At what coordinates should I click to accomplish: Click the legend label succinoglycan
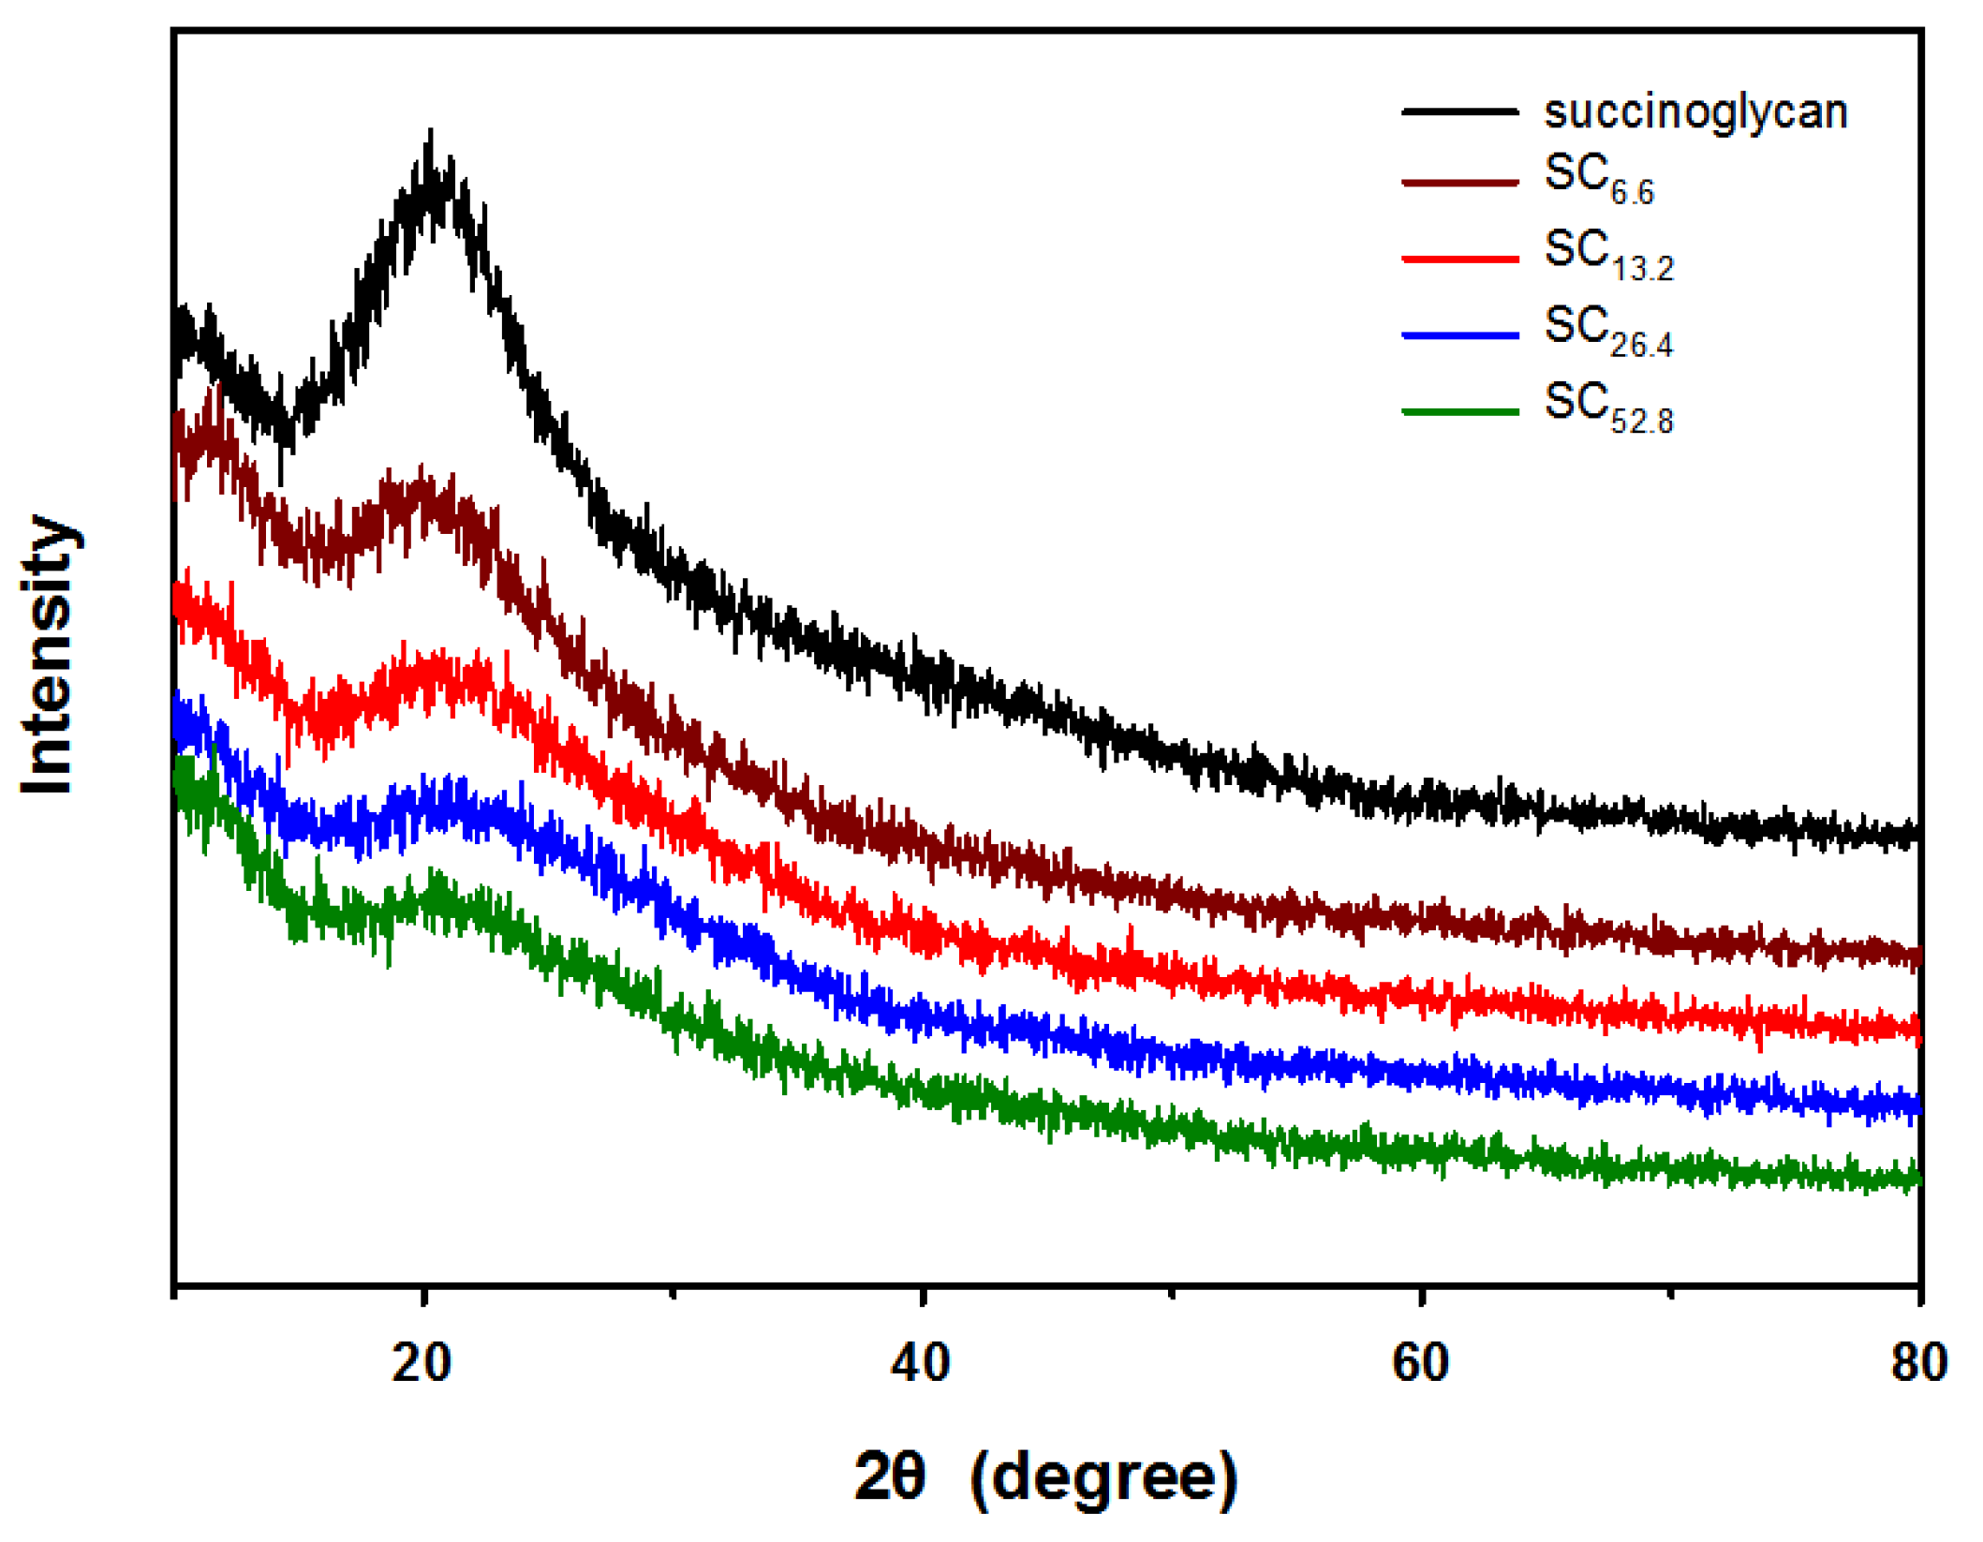click(1694, 112)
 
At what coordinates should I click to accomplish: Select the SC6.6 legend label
click(1598, 177)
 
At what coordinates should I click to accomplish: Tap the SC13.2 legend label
click(1607, 254)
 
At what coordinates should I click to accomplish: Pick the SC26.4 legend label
click(1607, 331)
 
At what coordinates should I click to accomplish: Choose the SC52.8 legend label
click(1607, 408)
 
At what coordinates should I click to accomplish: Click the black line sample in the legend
click(1458, 111)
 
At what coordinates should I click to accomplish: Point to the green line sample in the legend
click(1458, 410)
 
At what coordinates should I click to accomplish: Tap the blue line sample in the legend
click(1458, 334)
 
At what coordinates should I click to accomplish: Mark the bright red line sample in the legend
click(1458, 258)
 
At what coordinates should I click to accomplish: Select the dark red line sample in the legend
click(1458, 182)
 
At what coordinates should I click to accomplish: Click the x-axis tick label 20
click(422, 1362)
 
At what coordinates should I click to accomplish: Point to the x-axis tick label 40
click(921, 1362)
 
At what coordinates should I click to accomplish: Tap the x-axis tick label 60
click(1420, 1362)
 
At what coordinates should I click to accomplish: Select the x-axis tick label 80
click(1918, 1362)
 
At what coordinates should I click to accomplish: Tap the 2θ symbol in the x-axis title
click(889, 1476)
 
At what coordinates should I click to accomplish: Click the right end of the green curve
click(1918, 1179)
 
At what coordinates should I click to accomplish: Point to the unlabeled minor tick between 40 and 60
click(1171, 1294)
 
